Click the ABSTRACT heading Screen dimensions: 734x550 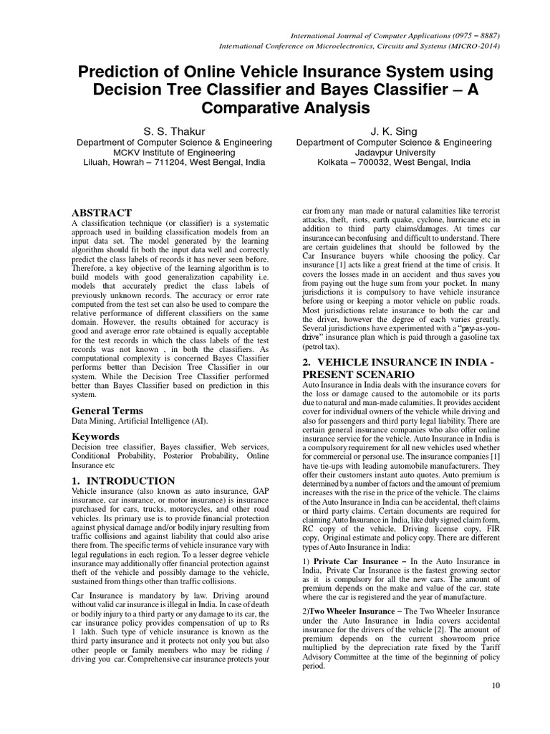[x=102, y=213]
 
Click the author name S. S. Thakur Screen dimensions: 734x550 [x=175, y=131]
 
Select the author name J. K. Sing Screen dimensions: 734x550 [x=394, y=131]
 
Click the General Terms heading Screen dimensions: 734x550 [x=107, y=411]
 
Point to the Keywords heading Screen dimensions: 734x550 [x=95, y=436]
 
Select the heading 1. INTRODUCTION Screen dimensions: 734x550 [x=123, y=480]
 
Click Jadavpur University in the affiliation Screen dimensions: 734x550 [x=394, y=153]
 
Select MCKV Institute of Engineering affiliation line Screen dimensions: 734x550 [x=175, y=153]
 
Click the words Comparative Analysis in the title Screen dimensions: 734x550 [x=275, y=108]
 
